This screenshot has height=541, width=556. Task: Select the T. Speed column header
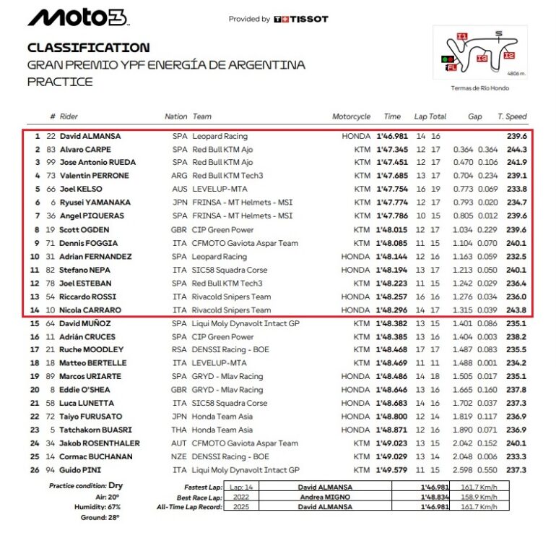512,116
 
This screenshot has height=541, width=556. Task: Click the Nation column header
175,116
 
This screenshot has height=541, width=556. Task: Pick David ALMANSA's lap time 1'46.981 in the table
392,136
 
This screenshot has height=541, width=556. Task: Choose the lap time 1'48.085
392,243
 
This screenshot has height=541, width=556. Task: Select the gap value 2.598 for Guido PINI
464,470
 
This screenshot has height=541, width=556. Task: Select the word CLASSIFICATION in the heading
89,48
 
